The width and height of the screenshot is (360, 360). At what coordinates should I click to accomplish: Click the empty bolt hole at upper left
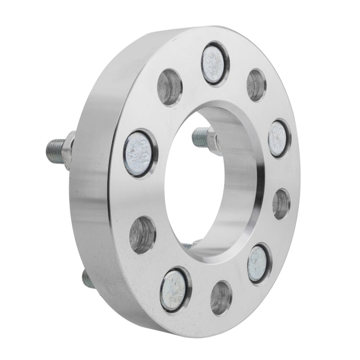click(169, 88)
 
